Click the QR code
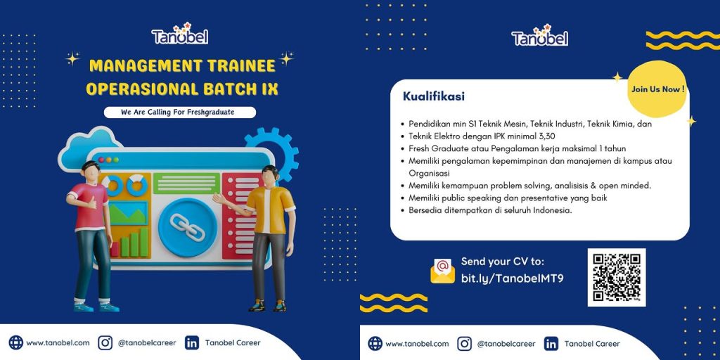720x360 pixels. click(617, 277)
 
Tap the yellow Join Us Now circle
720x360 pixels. click(657, 89)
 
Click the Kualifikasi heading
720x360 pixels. click(434, 96)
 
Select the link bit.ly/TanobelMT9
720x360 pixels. click(512, 278)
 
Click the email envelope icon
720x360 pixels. click(443, 271)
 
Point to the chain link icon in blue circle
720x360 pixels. click(187, 227)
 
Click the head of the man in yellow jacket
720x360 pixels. click(270, 175)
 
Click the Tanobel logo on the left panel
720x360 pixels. click(180, 34)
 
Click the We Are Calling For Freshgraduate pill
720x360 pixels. click(180, 112)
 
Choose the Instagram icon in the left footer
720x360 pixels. click(105, 342)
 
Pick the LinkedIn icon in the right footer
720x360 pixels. click(551, 343)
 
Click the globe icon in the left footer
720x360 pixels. click(15, 342)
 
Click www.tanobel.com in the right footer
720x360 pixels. click(417, 343)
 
